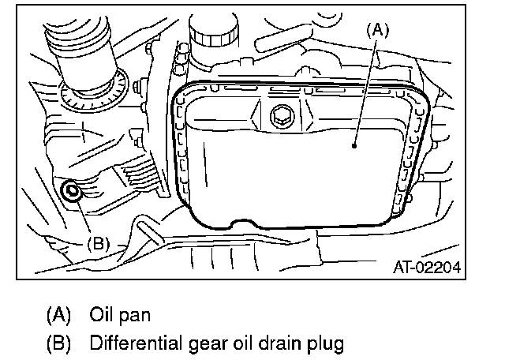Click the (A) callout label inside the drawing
pyautogui.click(x=377, y=29)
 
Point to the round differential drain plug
pyautogui.click(x=72, y=190)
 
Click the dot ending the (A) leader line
pyautogui.click(x=355, y=145)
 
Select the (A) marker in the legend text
pyautogui.click(x=59, y=314)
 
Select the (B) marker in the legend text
pyautogui.click(x=59, y=344)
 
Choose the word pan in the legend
pyautogui.click(x=133, y=315)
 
